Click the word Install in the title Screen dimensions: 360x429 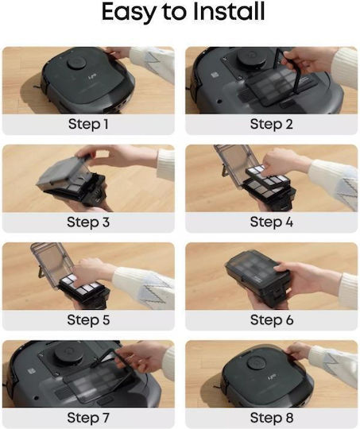(x=229, y=11)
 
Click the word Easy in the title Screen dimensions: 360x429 (x=129, y=13)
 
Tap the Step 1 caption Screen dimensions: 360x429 (x=88, y=124)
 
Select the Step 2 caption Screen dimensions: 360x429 (x=271, y=124)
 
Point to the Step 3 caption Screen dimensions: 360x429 (x=88, y=222)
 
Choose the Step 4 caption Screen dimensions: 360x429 (x=271, y=222)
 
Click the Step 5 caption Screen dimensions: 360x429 (x=88, y=319)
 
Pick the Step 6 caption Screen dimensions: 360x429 (x=271, y=319)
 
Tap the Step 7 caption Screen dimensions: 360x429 (x=88, y=418)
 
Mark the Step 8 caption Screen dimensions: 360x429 (x=271, y=418)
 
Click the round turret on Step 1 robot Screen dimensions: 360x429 (x=76, y=64)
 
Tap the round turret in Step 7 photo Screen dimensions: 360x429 (x=68, y=352)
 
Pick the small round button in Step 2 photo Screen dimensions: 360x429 (x=219, y=102)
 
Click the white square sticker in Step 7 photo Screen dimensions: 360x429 (x=31, y=371)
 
